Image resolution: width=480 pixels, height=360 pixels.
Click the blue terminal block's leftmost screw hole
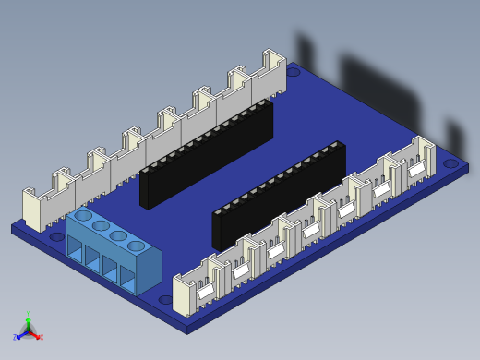point(83,216)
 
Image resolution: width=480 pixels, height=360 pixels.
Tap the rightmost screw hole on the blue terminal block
point(137,246)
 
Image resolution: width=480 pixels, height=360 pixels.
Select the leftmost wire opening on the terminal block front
point(75,249)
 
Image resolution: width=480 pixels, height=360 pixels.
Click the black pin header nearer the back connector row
point(207,153)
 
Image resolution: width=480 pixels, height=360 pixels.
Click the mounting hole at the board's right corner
point(450,163)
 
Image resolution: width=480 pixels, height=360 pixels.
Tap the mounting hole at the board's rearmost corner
point(293,71)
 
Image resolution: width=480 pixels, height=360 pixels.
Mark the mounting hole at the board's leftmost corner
point(57,236)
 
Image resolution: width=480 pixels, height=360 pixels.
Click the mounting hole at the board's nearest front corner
point(166,300)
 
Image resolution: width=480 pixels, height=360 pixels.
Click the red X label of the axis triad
point(40,338)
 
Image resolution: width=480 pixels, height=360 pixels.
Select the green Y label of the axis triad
point(28,315)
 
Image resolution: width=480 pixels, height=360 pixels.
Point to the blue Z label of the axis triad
point(16,338)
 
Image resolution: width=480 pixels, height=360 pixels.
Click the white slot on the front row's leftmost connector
point(205,291)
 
